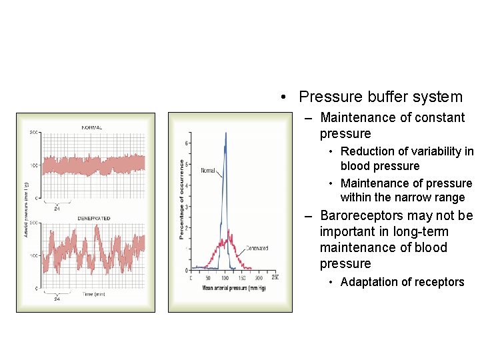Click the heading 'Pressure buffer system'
[380, 97]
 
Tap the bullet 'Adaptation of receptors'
[402, 282]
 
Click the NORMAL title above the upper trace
[91, 127]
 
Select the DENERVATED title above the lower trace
[93, 218]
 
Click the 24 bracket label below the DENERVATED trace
[57, 299]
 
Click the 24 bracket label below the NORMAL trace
[57, 208]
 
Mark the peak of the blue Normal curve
[225, 133]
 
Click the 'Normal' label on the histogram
[207, 171]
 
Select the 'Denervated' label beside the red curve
[257, 248]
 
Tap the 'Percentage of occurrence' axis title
[181, 199]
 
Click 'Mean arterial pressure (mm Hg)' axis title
[233, 287]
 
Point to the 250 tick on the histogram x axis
[274, 277]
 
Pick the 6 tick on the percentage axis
[186, 143]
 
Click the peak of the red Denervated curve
[229, 231]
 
